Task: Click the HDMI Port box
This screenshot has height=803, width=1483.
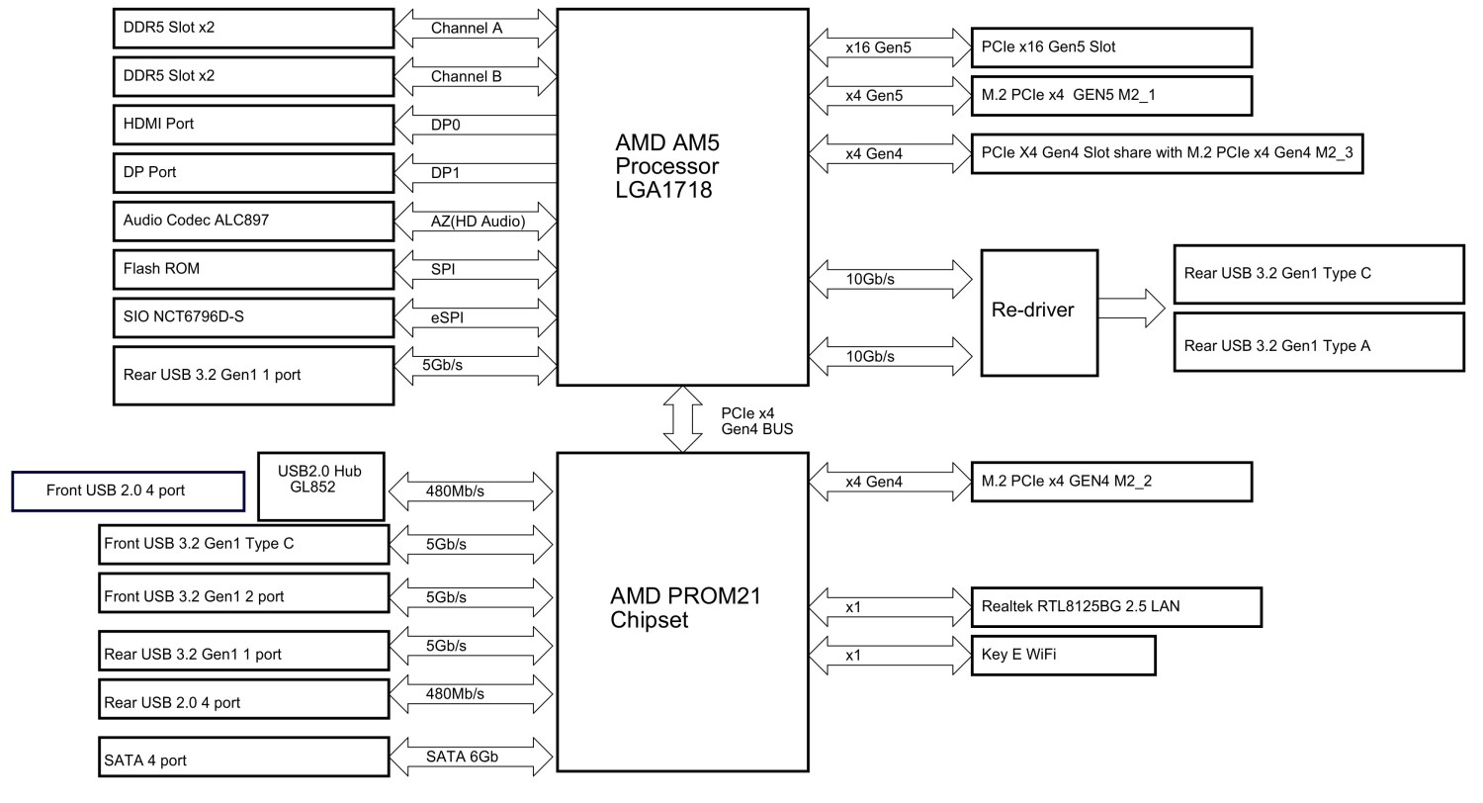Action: coord(254,125)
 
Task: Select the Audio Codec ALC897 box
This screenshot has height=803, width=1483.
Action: coord(254,221)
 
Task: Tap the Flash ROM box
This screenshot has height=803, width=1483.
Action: coord(254,269)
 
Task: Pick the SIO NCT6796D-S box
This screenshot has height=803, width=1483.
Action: coord(254,317)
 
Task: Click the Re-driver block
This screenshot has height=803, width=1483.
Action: coord(1039,312)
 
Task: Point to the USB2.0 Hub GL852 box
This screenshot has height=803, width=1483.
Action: coord(320,486)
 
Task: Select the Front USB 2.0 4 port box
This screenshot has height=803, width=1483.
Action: coord(129,491)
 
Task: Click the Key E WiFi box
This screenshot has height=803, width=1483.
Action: coord(1063,655)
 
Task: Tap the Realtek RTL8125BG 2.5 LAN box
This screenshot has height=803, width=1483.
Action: coord(1116,606)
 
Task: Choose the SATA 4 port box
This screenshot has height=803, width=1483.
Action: coord(244,758)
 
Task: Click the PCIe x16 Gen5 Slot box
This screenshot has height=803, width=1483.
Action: coord(1111,46)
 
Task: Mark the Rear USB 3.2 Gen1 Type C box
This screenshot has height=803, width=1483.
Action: coord(1318,274)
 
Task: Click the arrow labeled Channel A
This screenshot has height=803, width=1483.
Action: coord(476,28)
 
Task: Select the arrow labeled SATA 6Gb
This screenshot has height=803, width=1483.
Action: coord(471,758)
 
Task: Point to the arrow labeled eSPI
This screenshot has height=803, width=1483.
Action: coord(476,317)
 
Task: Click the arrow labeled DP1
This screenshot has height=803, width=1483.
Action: coord(476,173)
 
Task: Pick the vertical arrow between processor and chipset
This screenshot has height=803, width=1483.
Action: coord(682,418)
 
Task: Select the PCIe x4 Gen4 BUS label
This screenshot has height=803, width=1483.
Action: coord(756,420)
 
